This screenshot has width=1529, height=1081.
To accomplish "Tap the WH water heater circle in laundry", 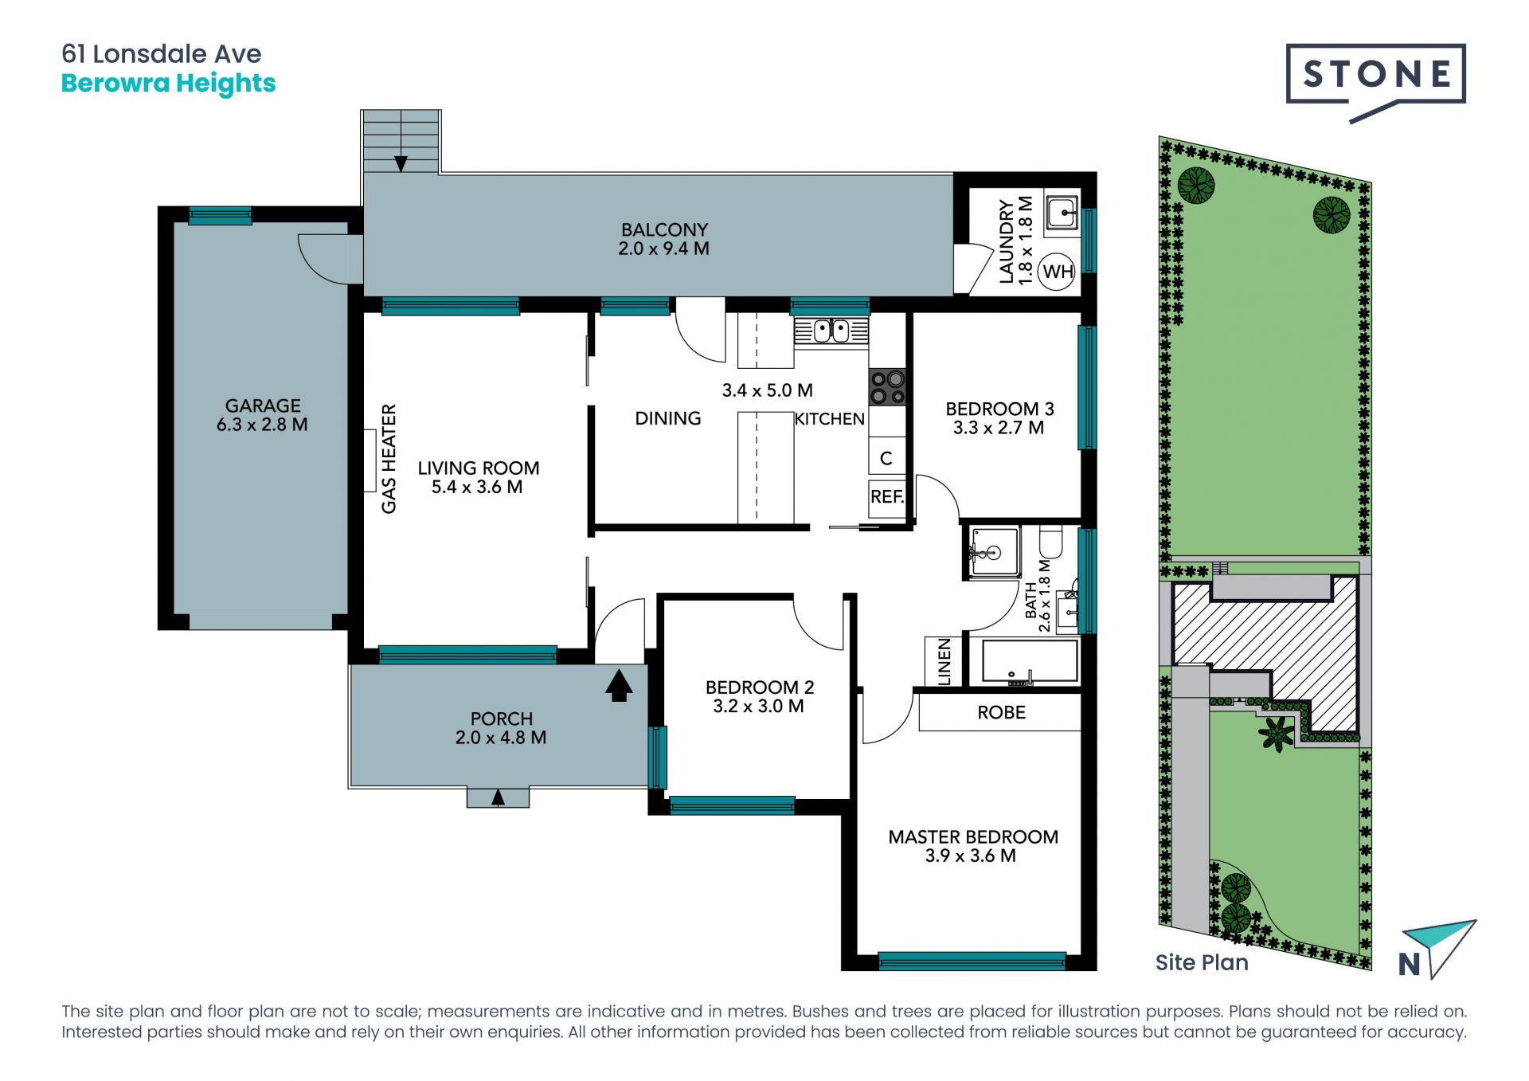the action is pyautogui.click(x=1058, y=272).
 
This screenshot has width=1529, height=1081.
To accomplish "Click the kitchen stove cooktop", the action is pyautogui.click(x=887, y=387).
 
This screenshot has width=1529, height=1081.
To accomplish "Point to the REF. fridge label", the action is pyautogui.click(x=887, y=497).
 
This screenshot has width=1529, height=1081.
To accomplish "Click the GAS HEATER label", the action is pyautogui.click(x=389, y=459).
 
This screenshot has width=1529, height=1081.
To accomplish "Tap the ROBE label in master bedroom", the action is pyautogui.click(x=1001, y=712).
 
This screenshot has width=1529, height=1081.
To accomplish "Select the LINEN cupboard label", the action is pyautogui.click(x=944, y=661).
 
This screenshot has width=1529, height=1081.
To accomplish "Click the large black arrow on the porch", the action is pyautogui.click(x=619, y=685).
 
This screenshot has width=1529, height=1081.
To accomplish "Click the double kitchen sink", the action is pyautogui.click(x=831, y=331).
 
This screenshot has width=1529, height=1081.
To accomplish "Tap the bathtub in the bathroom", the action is pyautogui.click(x=1030, y=661).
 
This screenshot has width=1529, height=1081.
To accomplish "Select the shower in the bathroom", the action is pyautogui.click(x=994, y=551).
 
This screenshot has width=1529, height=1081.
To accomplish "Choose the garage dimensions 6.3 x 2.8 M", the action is pyautogui.click(x=262, y=425).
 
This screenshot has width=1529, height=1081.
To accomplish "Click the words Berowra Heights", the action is pyautogui.click(x=168, y=84).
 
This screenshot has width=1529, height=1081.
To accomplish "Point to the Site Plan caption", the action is pyautogui.click(x=1202, y=962).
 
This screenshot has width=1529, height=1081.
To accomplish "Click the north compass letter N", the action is pyautogui.click(x=1410, y=965).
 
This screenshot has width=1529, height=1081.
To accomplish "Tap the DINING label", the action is pyautogui.click(x=667, y=418).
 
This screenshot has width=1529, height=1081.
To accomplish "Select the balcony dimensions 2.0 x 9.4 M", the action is pyautogui.click(x=663, y=249).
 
